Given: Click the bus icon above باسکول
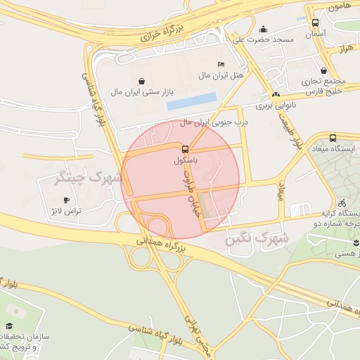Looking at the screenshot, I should pos(185,149).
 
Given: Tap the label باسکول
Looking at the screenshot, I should pos(185,161).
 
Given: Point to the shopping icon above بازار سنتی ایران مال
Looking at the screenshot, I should pos(143,80).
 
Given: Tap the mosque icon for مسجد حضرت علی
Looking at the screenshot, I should pos(263,30).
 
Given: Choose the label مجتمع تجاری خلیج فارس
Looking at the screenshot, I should pos(322,86).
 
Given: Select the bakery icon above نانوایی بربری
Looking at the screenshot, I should pos(275,94).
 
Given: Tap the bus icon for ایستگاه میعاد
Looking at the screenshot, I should pos(333,139).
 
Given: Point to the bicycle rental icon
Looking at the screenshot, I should pos(341,201).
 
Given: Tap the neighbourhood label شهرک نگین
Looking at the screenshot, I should pos(257,239).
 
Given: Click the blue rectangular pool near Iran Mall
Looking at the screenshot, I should pos(191,102).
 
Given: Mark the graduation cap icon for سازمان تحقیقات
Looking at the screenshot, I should pos(10,326).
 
